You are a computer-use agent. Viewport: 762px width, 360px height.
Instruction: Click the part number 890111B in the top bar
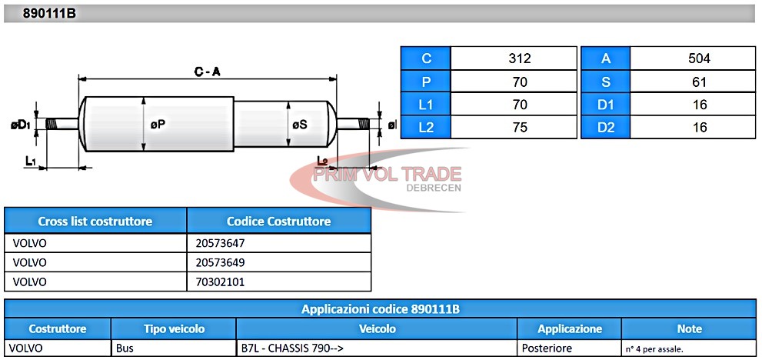tap(49, 14)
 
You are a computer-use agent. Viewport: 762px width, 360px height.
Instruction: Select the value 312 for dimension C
tap(519, 59)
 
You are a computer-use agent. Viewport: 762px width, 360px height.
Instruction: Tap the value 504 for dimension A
tap(699, 59)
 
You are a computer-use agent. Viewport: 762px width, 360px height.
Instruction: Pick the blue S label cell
tap(605, 82)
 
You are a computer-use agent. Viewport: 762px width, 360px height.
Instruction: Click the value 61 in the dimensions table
tap(699, 82)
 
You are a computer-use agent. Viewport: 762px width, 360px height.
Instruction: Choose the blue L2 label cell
tap(426, 128)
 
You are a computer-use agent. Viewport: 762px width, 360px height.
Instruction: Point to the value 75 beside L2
tap(519, 128)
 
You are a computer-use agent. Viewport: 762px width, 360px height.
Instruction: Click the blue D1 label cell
tap(605, 105)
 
